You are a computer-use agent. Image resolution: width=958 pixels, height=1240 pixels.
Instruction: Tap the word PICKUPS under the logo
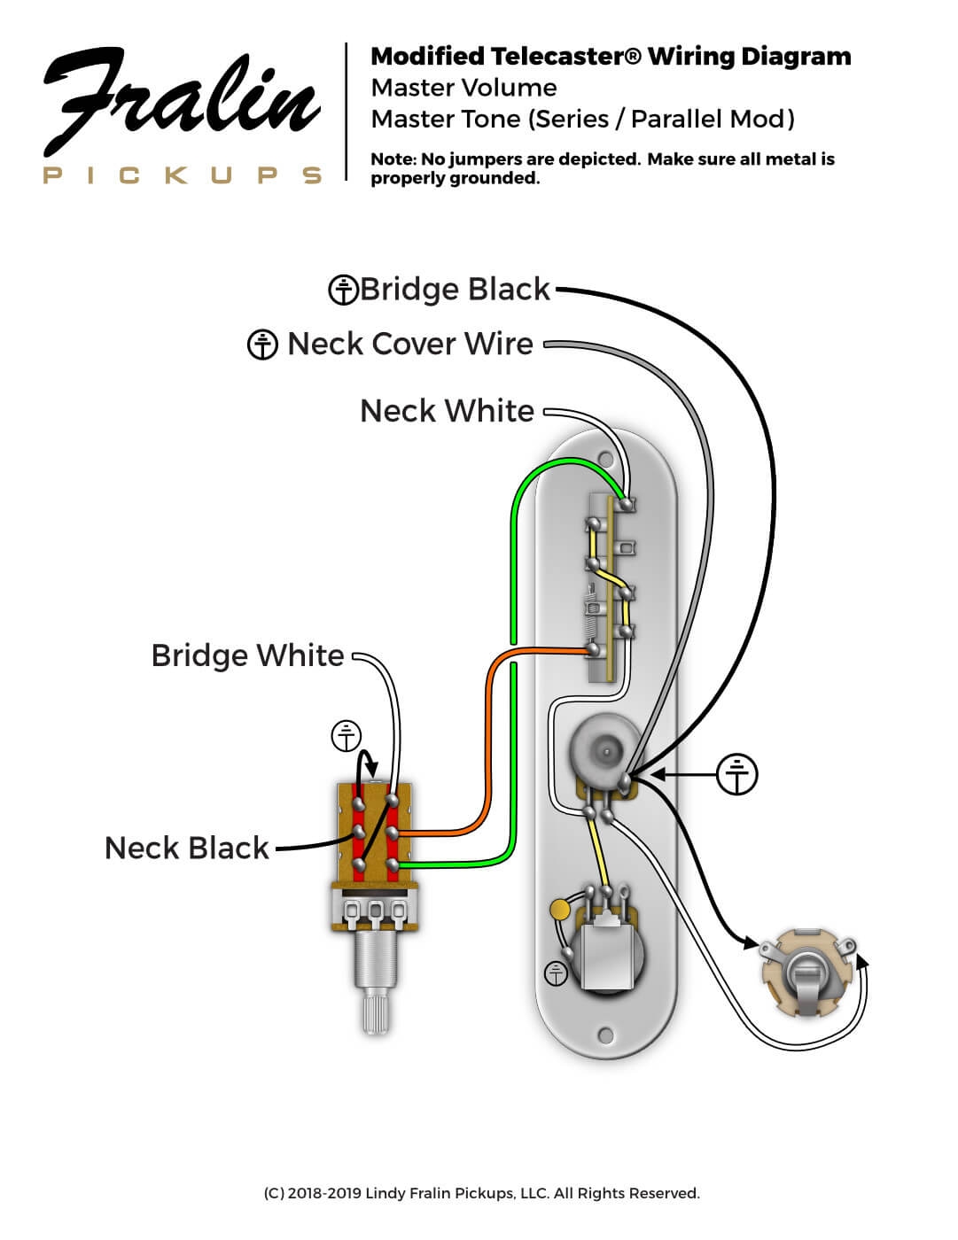[183, 174]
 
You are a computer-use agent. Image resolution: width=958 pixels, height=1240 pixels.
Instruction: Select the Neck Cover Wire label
[410, 344]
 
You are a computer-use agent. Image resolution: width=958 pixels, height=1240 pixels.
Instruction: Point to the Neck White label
[447, 411]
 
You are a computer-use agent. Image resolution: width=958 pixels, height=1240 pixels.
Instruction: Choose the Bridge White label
[247, 655]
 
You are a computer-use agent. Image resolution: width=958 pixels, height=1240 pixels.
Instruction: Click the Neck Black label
[186, 848]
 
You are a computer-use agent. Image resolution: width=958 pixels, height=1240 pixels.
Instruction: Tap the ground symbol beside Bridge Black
[343, 291]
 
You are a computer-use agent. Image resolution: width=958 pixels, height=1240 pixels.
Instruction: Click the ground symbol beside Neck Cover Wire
[262, 345]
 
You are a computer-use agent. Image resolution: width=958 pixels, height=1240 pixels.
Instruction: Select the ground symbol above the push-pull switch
[347, 736]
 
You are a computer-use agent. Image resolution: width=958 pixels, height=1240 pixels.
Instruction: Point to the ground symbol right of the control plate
[737, 775]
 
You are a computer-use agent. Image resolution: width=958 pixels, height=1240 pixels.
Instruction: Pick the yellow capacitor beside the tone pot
[560, 909]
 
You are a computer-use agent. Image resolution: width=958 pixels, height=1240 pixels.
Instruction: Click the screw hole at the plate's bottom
[606, 1035]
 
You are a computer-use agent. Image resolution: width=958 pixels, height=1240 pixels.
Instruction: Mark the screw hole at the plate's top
[606, 459]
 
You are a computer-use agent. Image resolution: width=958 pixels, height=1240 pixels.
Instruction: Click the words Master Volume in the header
[463, 88]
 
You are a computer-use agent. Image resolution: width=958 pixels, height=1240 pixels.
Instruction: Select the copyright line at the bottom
[481, 1193]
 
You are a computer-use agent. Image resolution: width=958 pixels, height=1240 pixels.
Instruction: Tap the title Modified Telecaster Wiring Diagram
[611, 57]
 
